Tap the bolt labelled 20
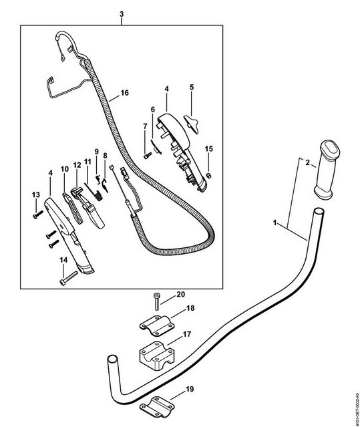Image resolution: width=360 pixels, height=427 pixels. pyautogui.click(x=156, y=301)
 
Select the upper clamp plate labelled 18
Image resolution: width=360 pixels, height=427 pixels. pyautogui.click(x=157, y=325)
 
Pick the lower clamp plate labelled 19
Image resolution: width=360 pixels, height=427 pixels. pyautogui.click(x=157, y=407)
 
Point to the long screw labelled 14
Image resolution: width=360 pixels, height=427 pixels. pyautogui.click(x=68, y=278)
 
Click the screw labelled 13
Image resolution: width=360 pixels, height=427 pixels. pyautogui.click(x=38, y=214)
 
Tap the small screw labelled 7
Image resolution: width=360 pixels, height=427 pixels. pyautogui.click(x=147, y=156)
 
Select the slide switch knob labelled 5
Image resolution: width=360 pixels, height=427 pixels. pyautogui.click(x=192, y=124)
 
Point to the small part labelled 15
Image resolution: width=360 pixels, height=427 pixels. pyautogui.click(x=208, y=176)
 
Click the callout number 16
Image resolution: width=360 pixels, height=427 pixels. pyautogui.click(x=124, y=93)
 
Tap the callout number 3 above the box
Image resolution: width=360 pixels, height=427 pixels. pyautogui.click(x=122, y=14)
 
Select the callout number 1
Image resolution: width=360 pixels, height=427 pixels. pyautogui.click(x=275, y=223)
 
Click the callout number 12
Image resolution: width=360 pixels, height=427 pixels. pyautogui.click(x=77, y=165)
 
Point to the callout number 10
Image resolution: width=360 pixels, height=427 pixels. pyautogui.click(x=65, y=169)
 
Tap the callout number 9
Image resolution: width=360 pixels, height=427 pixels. pyautogui.click(x=97, y=152)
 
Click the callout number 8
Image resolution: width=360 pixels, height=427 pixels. pyautogui.click(x=105, y=156)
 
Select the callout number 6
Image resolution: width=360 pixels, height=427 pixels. pyautogui.click(x=153, y=110)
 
